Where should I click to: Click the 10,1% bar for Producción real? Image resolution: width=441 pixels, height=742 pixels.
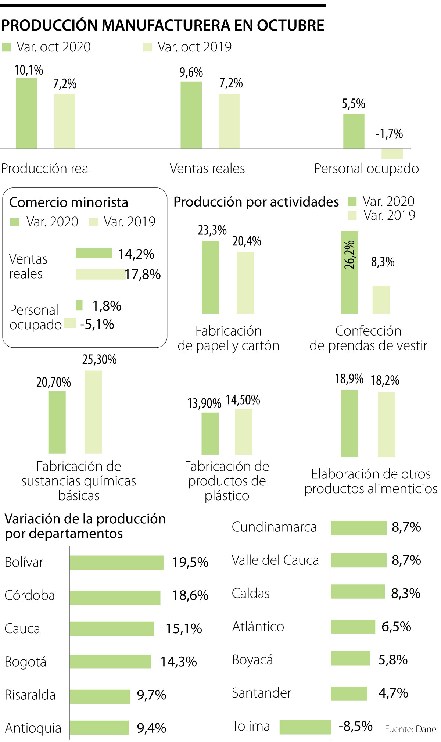[26, 114]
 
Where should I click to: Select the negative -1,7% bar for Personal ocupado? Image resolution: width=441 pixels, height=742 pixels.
[392, 154]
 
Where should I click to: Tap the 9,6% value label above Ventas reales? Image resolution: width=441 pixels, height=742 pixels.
[191, 72]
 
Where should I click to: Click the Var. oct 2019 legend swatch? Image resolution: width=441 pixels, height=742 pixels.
[147, 47]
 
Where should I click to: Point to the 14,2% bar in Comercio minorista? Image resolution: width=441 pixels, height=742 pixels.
[94, 253]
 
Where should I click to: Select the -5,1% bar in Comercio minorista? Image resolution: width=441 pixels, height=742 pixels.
[70, 323]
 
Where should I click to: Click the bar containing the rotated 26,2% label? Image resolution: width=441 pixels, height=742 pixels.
[349, 272]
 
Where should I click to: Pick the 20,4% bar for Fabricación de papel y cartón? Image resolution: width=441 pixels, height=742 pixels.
[245, 283]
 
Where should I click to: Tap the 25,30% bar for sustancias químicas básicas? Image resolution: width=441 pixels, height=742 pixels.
[93, 412]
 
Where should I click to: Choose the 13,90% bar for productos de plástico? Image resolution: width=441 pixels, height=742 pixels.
[210, 433]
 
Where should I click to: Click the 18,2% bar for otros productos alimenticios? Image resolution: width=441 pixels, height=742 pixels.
[387, 424]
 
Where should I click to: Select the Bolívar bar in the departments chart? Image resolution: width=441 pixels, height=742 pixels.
[116, 562]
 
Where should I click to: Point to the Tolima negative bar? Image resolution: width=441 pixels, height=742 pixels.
[305, 727]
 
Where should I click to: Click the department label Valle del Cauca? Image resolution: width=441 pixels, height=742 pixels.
[275, 560]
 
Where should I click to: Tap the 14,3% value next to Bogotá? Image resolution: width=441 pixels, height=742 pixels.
[179, 662]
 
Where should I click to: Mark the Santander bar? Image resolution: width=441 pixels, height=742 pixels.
[349, 693]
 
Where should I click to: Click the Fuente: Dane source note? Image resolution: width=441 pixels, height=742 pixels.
[410, 729]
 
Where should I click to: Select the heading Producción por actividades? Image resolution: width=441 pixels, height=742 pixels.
[256, 202]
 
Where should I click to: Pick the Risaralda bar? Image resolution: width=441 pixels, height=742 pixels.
[100, 696]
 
